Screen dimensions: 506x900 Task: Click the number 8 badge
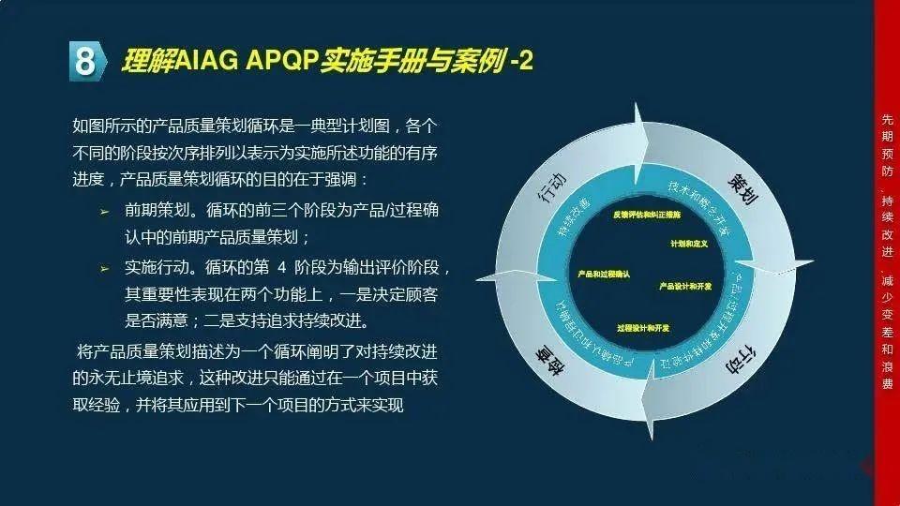coord(85,62)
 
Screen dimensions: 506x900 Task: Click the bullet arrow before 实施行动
coord(105,269)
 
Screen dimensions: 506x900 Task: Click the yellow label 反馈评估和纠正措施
coord(646,215)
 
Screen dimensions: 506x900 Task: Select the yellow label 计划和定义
coord(688,244)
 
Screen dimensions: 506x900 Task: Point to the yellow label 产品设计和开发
coord(685,285)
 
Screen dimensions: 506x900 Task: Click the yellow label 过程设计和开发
coord(643,328)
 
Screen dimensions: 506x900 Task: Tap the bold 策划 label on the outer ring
coord(743,188)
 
